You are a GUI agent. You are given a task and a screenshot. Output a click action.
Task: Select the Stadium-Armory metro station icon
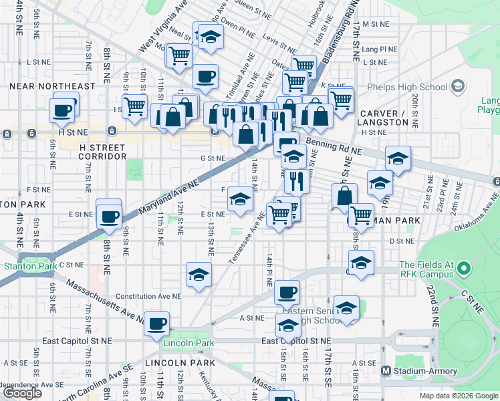coord(385,371)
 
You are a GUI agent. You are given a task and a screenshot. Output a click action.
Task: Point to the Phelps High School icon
coord(458,87)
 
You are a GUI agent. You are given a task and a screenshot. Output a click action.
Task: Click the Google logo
coord(22,393)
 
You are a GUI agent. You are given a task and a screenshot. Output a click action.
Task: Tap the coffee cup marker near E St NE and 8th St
coord(109,215)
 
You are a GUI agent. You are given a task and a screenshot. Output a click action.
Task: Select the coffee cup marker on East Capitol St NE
coord(157,323)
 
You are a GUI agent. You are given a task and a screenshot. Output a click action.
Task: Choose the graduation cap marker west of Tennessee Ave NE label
coord(240,198)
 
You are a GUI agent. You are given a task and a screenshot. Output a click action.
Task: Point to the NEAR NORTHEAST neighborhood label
coord(48,86)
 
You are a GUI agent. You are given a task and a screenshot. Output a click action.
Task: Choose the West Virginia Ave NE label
coord(162,27)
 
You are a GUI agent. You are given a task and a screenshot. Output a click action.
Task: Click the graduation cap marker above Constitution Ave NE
coord(199,275)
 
